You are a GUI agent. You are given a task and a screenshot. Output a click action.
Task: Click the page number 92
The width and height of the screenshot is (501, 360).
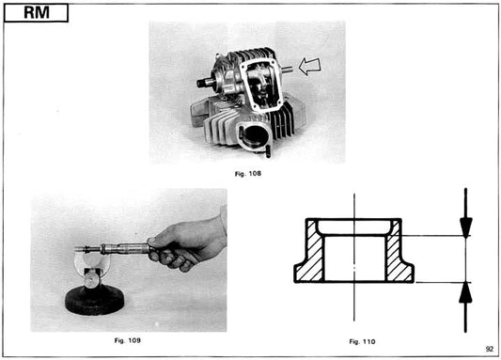coord(489,349)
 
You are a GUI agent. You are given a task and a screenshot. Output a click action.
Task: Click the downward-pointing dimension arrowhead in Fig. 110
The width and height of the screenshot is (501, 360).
coord(465,227)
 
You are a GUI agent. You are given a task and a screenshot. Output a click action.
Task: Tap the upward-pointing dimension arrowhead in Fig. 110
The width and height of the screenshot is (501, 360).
coord(465,292)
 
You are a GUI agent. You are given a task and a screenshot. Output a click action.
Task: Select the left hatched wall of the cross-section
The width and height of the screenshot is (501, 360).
coord(312,258)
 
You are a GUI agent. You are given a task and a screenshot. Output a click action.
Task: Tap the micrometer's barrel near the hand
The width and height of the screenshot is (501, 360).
coord(132,249)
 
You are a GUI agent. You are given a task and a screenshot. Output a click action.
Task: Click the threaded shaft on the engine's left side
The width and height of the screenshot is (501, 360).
coord(205,84)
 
